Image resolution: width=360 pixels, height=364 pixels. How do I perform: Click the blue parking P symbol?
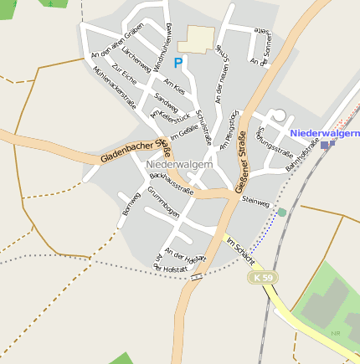point(177,63)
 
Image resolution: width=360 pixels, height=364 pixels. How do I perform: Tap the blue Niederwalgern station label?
point(325,133)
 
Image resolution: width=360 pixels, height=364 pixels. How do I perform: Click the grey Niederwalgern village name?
point(179,165)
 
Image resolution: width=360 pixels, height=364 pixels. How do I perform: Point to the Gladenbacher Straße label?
point(136,151)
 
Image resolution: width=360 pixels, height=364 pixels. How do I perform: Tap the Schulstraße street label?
point(203,130)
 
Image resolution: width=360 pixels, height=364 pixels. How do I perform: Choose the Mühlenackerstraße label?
point(115,88)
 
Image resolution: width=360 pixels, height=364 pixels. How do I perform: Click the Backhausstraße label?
point(171,183)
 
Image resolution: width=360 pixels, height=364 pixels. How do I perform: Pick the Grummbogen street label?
point(163,203)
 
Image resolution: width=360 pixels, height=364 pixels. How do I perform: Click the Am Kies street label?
point(174,87)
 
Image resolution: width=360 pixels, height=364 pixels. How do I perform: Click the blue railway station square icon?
point(325,145)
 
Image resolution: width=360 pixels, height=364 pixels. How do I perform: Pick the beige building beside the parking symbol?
point(200,38)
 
